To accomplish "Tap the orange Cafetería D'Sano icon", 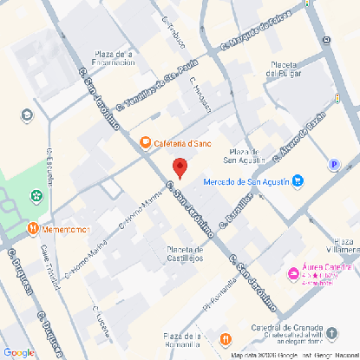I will [x=146, y=141].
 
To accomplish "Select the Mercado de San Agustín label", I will [x=246, y=181].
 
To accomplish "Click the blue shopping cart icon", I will [x=298, y=181].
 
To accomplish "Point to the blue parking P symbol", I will [x=334, y=165].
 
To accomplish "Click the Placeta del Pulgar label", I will [x=283, y=69].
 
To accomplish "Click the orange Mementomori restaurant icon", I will [x=33, y=229].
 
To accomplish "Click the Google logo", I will [x=18, y=351].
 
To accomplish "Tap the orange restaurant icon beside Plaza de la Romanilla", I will [x=226, y=338].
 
